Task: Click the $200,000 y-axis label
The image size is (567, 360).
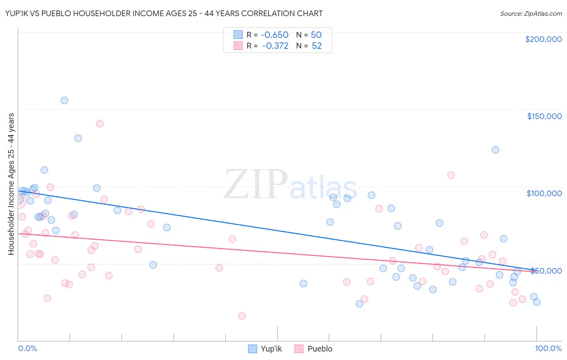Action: [543, 39]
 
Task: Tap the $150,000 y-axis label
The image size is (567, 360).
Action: [544, 116]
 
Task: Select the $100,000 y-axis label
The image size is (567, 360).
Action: [544, 193]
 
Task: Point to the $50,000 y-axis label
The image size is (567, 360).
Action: [546, 271]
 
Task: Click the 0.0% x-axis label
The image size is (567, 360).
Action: [27, 348]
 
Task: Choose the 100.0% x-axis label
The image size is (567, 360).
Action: [548, 348]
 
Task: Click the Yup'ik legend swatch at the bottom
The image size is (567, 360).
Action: [252, 349]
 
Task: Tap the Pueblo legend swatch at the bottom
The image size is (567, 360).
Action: [299, 349]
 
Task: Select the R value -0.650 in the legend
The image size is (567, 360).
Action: [275, 35]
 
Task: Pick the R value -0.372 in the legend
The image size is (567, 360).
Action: [275, 46]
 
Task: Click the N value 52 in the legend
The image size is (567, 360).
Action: [317, 46]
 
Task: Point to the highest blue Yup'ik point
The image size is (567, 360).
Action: [65, 100]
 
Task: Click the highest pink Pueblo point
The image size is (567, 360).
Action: [100, 123]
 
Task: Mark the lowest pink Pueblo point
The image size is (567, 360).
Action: [242, 316]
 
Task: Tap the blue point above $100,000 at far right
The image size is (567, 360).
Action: [495, 150]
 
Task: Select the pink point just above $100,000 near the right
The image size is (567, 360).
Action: [451, 175]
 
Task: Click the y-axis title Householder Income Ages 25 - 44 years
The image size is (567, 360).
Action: [11, 184]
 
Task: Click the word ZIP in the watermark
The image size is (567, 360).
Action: [255, 184]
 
